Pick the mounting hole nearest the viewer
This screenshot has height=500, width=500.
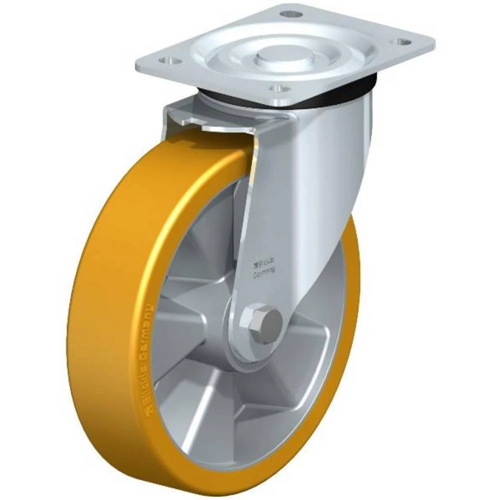point(280,88)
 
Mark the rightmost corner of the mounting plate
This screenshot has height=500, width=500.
point(433,39)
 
